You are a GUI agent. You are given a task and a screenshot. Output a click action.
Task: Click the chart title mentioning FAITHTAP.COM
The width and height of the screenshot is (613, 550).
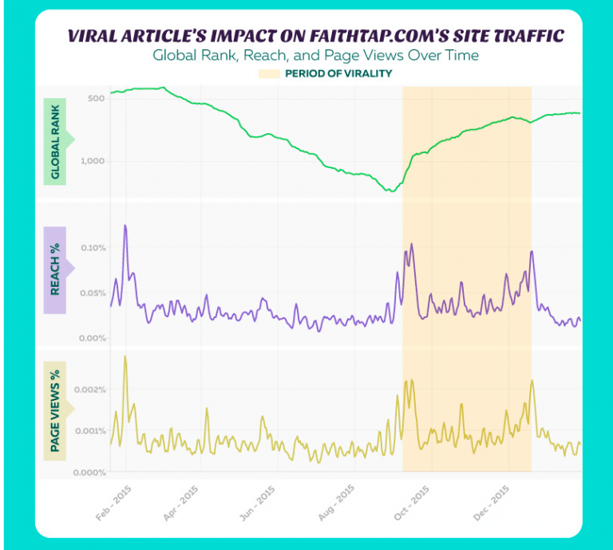tap(314, 36)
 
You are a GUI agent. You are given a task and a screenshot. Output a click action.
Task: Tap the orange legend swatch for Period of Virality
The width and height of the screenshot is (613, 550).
tap(269, 73)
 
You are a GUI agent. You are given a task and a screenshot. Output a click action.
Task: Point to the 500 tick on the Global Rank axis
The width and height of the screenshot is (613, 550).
tap(96, 98)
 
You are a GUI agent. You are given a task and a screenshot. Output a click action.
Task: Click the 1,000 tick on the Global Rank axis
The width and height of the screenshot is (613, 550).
tap(93, 161)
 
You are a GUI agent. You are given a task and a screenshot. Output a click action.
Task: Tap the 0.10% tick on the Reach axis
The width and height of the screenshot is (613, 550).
tap(93, 248)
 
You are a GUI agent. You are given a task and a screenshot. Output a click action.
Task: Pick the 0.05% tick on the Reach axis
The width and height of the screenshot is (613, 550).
tap(93, 293)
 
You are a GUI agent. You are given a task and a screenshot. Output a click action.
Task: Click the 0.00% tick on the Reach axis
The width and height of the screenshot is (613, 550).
tap(93, 339)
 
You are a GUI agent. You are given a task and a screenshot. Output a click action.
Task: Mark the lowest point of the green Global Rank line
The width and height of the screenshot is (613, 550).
tap(390, 191)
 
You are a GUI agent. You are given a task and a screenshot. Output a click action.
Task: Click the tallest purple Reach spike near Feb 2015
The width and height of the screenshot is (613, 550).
tap(125, 226)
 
